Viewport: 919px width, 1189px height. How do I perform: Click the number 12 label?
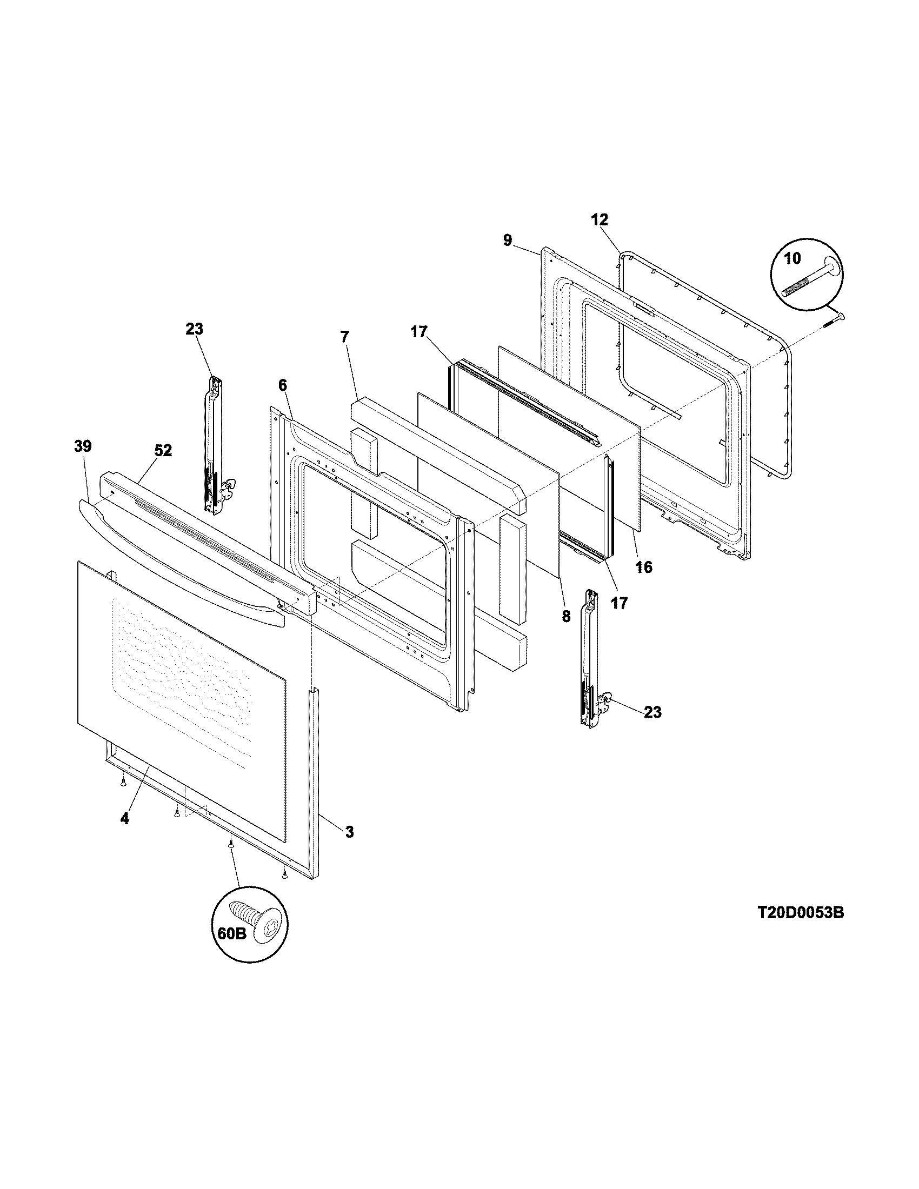(600, 220)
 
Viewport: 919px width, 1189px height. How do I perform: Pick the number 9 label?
(508, 240)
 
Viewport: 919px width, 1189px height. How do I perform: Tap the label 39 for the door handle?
(83, 446)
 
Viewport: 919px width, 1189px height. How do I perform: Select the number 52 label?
(163, 450)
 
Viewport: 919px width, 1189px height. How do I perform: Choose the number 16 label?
(643, 567)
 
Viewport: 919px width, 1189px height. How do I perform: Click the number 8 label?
(566, 616)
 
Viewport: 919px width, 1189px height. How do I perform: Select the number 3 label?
(349, 831)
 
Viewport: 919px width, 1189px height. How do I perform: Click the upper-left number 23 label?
(195, 329)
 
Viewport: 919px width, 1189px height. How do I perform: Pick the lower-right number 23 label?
(652, 712)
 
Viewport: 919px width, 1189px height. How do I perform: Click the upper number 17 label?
(419, 331)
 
